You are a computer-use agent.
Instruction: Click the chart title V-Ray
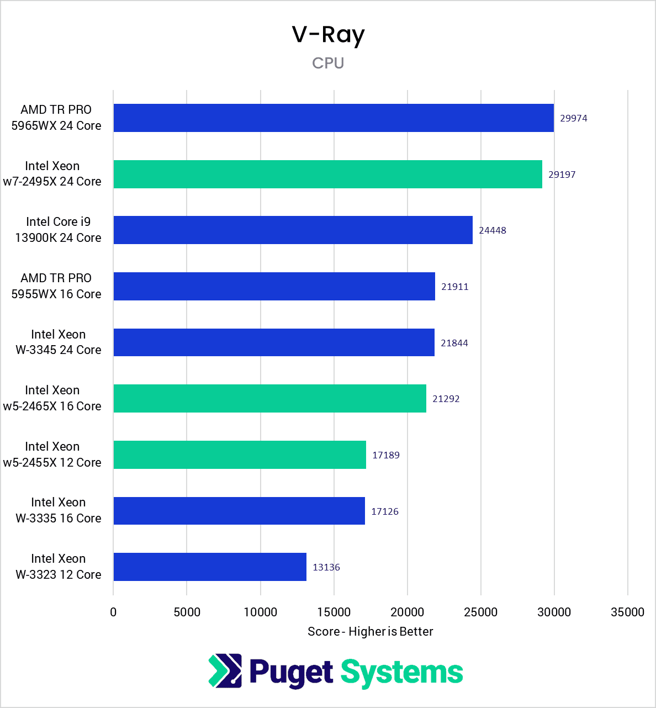pyautogui.click(x=328, y=35)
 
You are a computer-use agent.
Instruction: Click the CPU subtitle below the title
pyautogui.click(x=328, y=63)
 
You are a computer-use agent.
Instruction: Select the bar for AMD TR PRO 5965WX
pyautogui.click(x=334, y=118)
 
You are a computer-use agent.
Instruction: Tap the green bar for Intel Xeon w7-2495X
pyautogui.click(x=327, y=174)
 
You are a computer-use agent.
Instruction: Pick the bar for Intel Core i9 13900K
pyautogui.click(x=293, y=230)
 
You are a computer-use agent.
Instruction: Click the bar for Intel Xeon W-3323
pyautogui.click(x=210, y=567)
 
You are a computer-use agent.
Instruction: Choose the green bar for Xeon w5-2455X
pyautogui.click(x=240, y=455)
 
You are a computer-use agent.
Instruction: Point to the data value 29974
pyautogui.click(x=573, y=118)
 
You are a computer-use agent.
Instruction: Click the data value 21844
pyautogui.click(x=454, y=343)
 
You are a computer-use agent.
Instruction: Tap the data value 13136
pyautogui.click(x=326, y=567)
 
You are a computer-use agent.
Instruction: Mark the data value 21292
pyautogui.click(x=446, y=399)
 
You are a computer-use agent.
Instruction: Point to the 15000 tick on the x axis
pyautogui.click(x=334, y=612)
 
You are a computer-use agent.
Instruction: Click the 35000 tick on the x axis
pyautogui.click(x=627, y=612)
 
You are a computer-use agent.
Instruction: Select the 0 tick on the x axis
pyautogui.click(x=113, y=612)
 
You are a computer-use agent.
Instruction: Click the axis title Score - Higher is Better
pyautogui.click(x=370, y=631)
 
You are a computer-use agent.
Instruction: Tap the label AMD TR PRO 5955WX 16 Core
pyautogui.click(x=56, y=286)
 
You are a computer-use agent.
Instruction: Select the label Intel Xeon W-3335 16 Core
pyautogui.click(x=58, y=510)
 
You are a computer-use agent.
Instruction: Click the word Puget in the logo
pyautogui.click(x=291, y=672)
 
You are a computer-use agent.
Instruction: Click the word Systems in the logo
pyautogui.click(x=401, y=672)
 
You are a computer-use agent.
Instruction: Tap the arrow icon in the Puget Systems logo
pyautogui.click(x=225, y=670)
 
